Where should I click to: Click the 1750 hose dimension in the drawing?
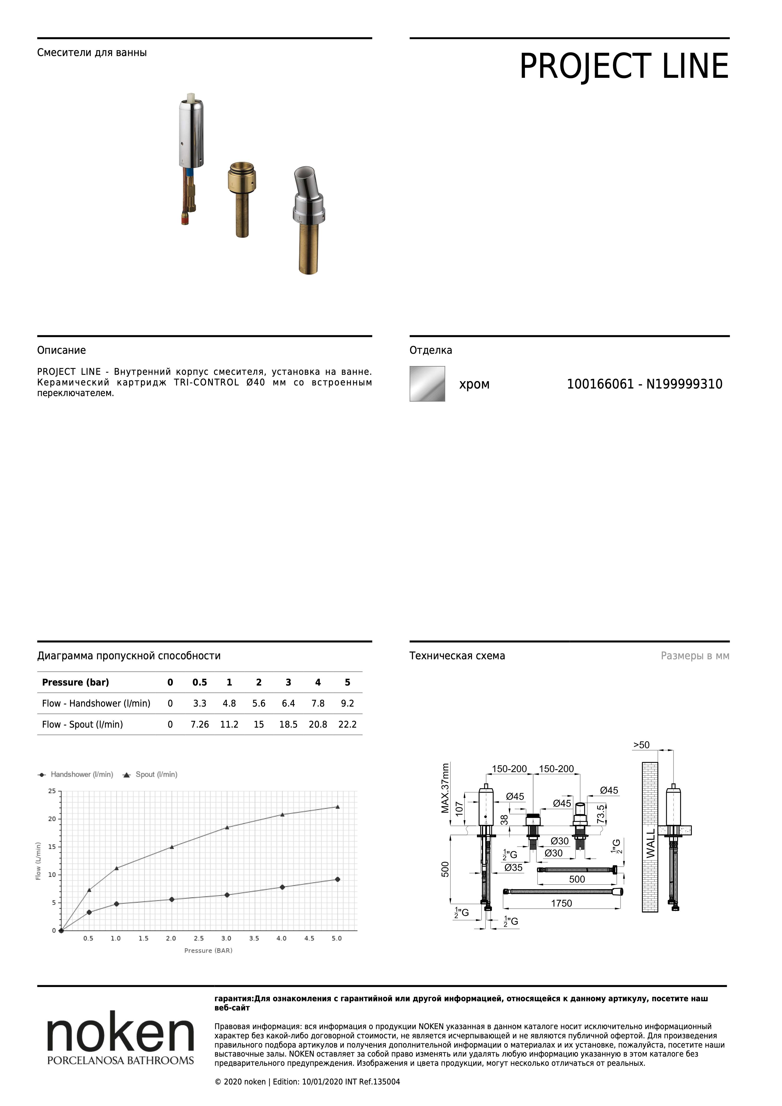561,903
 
